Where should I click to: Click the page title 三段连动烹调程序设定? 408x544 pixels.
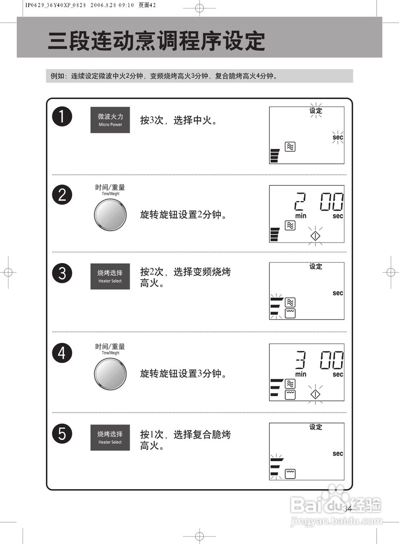[x=156, y=41]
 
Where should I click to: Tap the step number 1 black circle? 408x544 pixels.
[x=62, y=116]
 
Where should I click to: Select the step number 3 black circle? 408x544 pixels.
[x=62, y=273]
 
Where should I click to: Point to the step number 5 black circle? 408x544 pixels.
[x=62, y=434]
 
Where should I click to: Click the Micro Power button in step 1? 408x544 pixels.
[x=110, y=120]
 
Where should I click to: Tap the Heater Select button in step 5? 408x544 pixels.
[x=110, y=437]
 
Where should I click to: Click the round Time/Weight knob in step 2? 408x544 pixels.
[x=110, y=215]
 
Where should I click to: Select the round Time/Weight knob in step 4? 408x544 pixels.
[x=110, y=374]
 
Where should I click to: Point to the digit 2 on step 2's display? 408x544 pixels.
[x=300, y=202]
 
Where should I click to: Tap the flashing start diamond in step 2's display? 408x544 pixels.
[x=315, y=236]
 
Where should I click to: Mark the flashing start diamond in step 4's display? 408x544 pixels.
[x=315, y=394]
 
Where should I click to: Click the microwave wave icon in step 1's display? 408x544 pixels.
[x=290, y=147]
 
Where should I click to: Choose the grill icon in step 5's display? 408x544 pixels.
[x=290, y=473]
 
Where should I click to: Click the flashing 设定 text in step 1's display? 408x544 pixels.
[x=316, y=110]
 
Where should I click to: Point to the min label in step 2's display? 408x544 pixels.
[x=301, y=216]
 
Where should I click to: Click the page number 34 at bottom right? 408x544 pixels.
[x=347, y=508]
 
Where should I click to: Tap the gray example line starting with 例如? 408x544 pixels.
[x=164, y=76]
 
